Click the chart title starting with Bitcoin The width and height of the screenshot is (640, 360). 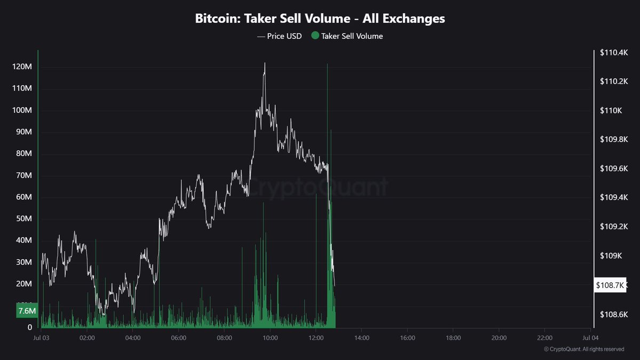(319, 19)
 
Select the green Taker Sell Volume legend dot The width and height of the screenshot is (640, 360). (315, 36)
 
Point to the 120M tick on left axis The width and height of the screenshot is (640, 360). (23, 67)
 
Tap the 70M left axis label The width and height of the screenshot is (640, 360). (25, 175)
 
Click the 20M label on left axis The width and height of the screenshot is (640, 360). (25, 284)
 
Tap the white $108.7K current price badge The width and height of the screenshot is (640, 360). (610, 285)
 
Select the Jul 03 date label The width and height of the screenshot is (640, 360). (42, 338)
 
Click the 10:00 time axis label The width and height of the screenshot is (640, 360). (270, 338)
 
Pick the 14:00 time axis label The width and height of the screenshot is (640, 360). (362, 338)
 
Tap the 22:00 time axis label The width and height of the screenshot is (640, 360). (545, 338)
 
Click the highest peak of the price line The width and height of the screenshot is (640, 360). (265, 63)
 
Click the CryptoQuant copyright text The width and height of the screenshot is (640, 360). (583, 349)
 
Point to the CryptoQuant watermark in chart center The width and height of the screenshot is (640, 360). (319, 187)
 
